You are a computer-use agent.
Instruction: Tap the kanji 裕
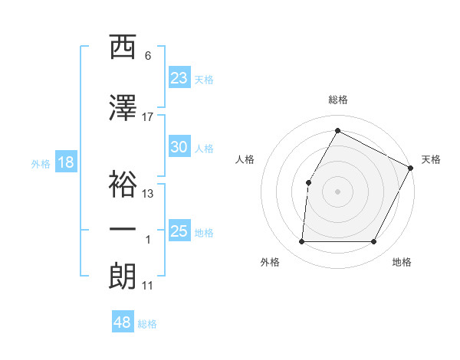[x=123, y=183]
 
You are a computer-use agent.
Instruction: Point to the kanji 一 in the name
[x=123, y=230]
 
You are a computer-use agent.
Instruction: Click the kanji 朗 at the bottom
[x=123, y=275]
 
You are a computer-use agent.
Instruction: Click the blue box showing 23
[x=179, y=77]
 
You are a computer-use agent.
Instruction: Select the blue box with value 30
[x=179, y=147]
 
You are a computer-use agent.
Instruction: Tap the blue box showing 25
[x=179, y=231]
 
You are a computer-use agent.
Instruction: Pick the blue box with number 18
[x=66, y=162]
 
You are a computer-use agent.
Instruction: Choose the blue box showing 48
[x=123, y=322]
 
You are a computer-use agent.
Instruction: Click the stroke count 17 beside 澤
[x=148, y=116]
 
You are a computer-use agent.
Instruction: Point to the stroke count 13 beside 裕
[x=148, y=193]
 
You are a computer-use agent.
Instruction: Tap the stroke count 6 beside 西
[x=148, y=56]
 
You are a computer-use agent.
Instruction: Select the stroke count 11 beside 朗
[x=148, y=286]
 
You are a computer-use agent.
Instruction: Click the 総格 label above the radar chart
[x=337, y=100]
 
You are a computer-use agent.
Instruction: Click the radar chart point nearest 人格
[x=308, y=182]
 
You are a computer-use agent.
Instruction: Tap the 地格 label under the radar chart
[x=402, y=262]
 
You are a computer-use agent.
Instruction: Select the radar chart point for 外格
[x=301, y=242]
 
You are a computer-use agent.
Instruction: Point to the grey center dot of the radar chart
[x=337, y=191]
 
